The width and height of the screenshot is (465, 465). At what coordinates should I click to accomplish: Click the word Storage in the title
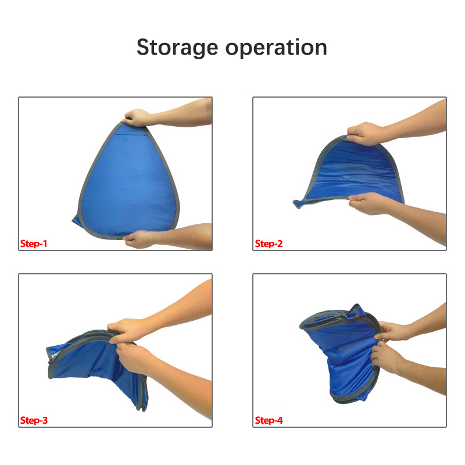177,48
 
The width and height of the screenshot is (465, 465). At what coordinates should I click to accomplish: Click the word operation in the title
276,48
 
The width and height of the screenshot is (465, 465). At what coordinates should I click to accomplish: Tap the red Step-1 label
34,244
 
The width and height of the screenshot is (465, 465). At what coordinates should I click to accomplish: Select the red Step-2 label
269,244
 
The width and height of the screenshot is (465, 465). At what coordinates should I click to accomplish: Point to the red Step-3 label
34,420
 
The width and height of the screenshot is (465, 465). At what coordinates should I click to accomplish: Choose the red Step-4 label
269,420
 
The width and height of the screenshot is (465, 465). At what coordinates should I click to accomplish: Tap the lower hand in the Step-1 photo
139,239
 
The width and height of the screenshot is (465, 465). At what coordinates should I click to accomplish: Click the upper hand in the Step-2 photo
366,134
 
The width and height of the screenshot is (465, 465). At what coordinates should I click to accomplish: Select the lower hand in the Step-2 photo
368,203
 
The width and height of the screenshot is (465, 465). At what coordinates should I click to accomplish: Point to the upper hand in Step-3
127,330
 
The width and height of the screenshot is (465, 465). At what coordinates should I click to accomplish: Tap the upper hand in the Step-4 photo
391,331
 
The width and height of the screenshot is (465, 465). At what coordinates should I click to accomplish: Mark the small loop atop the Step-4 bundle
357,310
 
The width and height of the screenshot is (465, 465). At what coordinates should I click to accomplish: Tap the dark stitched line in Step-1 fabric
131,135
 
